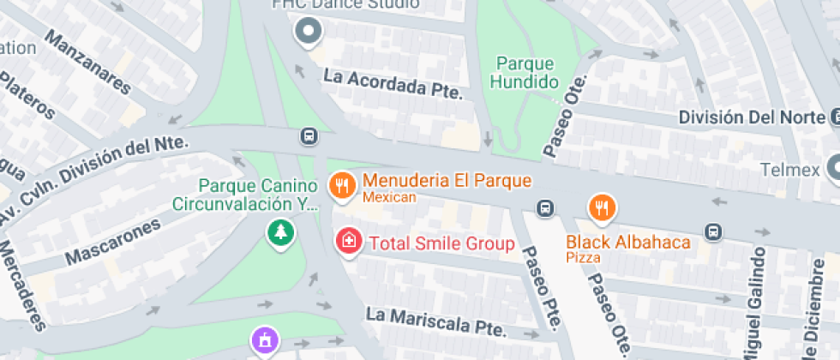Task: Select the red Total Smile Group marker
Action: pos(348,240)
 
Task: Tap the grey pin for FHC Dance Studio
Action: pos(307,33)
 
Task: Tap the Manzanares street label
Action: pos(88,63)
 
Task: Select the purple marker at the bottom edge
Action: pos(265,339)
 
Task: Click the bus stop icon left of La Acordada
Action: pos(308,136)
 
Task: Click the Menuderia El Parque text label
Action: pos(447,182)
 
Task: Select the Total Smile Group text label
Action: pos(441,243)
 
